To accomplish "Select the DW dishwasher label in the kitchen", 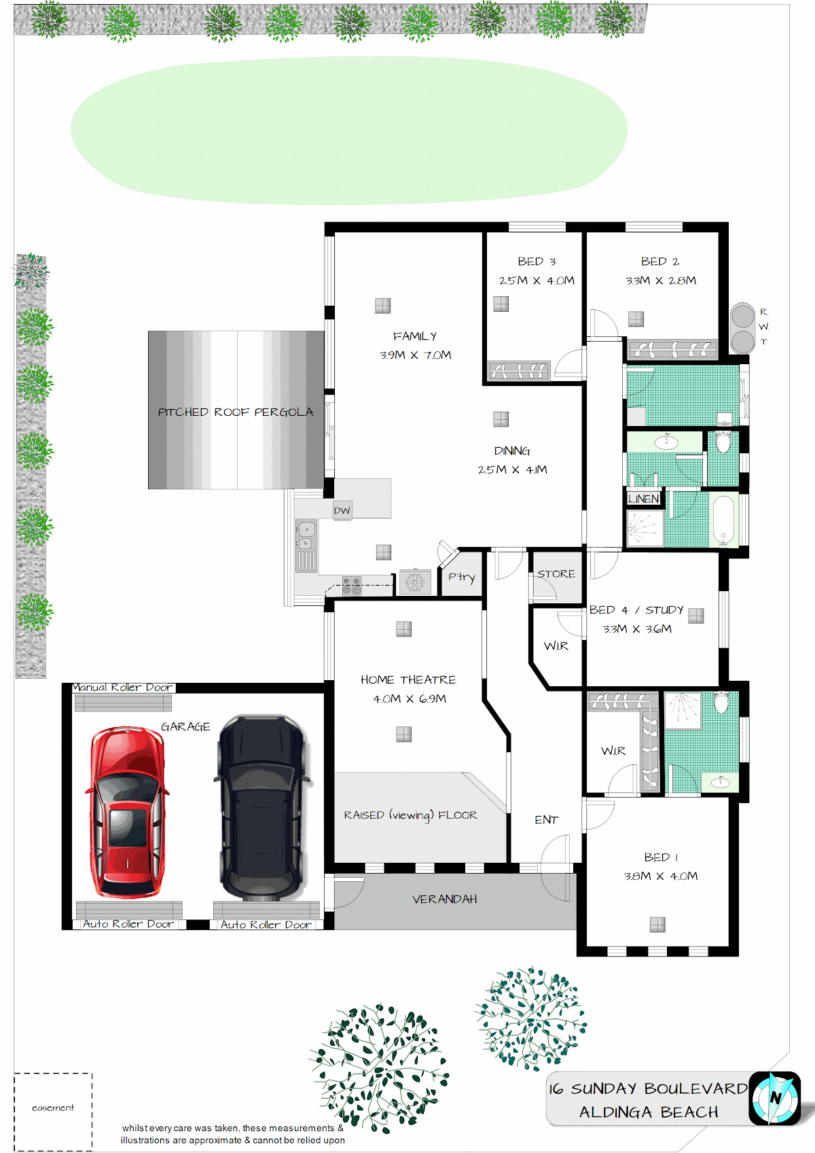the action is [342, 511].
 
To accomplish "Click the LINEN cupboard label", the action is [643, 498].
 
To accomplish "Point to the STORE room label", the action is [556, 573].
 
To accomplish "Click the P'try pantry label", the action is [462, 577].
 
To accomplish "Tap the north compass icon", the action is [774, 1098].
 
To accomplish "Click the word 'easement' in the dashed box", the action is [53, 1107].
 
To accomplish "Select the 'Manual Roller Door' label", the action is [122, 687].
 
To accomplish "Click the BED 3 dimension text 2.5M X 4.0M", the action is [537, 281].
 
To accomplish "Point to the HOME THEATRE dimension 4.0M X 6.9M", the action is [410, 698].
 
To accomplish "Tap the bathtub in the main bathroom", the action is [724, 520].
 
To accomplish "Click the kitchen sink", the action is [306, 535].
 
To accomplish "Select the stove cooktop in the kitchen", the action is [352, 586].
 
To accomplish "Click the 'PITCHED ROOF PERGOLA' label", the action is [236, 412].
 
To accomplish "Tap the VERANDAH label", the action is [445, 899].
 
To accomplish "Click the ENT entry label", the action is [547, 819].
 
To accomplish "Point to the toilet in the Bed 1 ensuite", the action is [721, 702].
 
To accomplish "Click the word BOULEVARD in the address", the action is [695, 1088].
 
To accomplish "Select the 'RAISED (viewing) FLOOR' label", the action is [410, 815].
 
